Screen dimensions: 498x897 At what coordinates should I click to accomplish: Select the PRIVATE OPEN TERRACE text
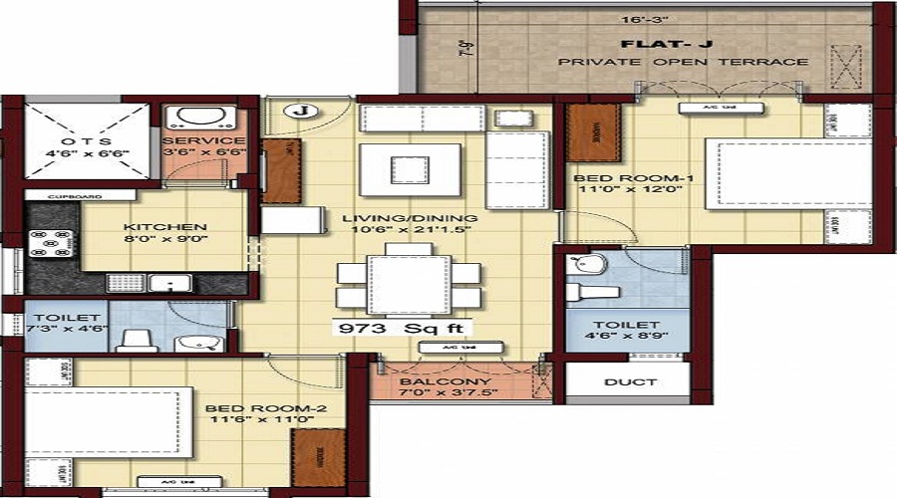pos(683,62)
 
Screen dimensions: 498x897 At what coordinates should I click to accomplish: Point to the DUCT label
pos(630,381)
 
